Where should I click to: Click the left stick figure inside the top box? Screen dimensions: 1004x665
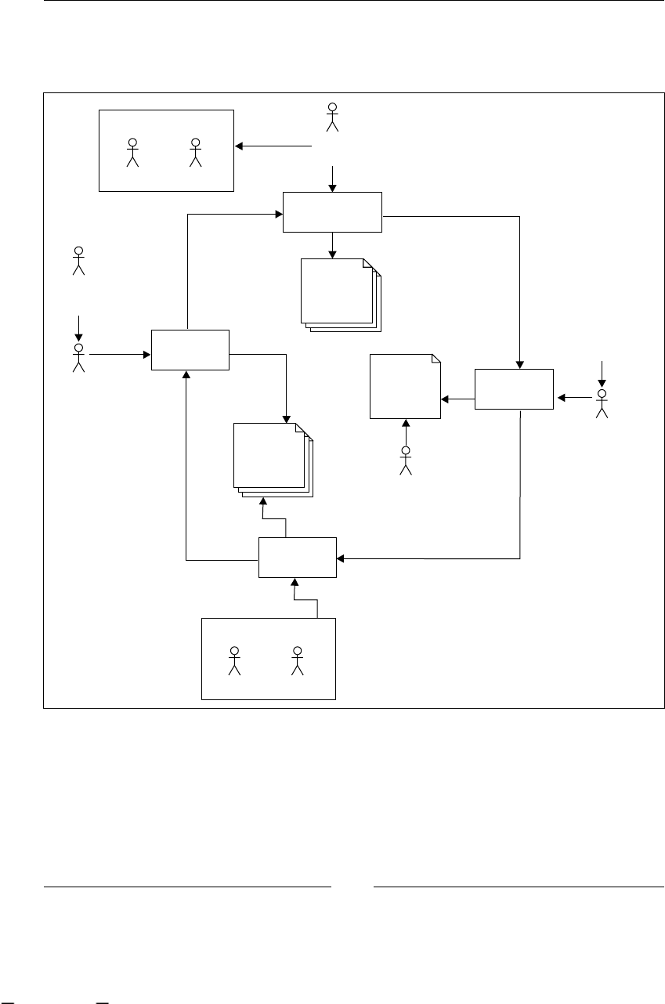(x=132, y=153)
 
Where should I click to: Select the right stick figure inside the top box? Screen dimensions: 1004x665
(x=195, y=153)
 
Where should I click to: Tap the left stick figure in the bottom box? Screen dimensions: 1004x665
(x=233, y=661)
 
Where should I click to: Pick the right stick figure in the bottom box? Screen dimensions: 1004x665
(x=297, y=661)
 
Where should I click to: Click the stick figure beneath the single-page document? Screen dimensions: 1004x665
(x=406, y=460)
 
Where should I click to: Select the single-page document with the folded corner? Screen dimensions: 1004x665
(x=405, y=387)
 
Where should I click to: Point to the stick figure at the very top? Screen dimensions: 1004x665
(x=333, y=117)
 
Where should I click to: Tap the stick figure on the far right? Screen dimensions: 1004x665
(x=602, y=403)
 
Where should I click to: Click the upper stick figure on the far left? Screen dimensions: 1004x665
(x=78, y=261)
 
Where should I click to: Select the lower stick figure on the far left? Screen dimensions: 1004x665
(x=78, y=357)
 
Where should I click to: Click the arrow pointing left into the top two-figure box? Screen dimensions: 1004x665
(x=273, y=146)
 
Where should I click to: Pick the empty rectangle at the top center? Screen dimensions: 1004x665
(x=332, y=211)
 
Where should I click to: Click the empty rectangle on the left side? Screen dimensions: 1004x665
(x=190, y=349)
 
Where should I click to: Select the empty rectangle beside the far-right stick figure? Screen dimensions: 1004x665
(x=514, y=388)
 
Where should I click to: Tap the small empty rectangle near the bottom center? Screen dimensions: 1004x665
(x=298, y=558)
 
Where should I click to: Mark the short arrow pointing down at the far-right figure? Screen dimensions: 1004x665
(x=602, y=374)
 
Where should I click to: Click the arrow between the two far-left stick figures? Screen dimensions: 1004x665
(x=78, y=328)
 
